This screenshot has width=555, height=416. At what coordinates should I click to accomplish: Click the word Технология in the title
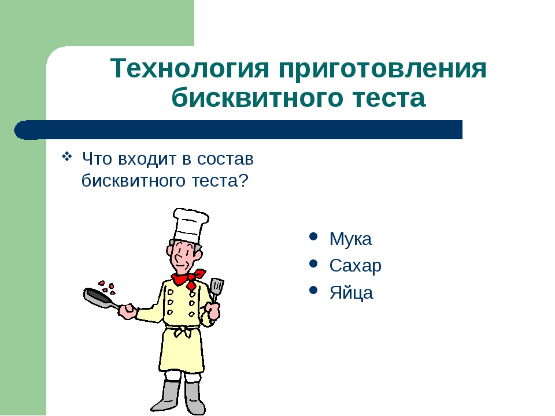(x=190, y=68)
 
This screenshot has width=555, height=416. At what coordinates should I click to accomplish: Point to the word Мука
(x=350, y=239)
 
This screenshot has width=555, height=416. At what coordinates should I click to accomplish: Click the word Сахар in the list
(x=356, y=266)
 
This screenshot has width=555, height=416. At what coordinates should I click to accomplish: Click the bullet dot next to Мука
(x=313, y=236)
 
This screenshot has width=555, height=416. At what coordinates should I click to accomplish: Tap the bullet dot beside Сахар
(x=313, y=263)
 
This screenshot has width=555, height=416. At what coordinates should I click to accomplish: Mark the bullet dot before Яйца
(x=313, y=291)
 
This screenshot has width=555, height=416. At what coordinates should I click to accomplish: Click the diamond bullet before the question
(x=67, y=156)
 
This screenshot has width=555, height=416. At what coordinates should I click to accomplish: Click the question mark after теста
(x=243, y=180)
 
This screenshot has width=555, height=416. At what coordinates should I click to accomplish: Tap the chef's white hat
(x=190, y=226)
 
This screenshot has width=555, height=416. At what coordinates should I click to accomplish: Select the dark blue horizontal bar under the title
(x=238, y=130)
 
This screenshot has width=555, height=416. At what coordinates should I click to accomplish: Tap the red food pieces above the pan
(x=108, y=287)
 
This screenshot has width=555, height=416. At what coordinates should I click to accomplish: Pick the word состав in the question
(x=225, y=159)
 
